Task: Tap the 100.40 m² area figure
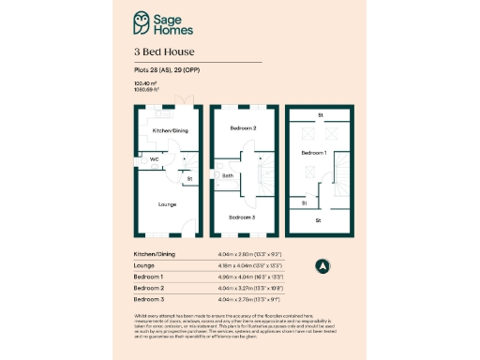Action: pyautogui.click(x=144, y=83)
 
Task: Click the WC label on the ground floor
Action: pyautogui.click(x=155, y=159)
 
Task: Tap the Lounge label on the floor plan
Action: pyautogui.click(x=168, y=203)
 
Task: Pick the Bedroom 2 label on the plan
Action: pyautogui.click(x=243, y=127)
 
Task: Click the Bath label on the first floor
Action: pyautogui.click(x=228, y=175)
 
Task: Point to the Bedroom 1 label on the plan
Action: pyautogui.click(x=313, y=150)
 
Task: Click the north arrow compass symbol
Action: pyautogui.click(x=322, y=265)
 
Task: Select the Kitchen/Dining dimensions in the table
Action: pyautogui.click(x=247, y=254)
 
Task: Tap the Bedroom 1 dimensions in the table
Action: pyautogui.click(x=247, y=277)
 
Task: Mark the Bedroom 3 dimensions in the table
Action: pyautogui.click(x=247, y=300)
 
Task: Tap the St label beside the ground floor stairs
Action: pyautogui.click(x=188, y=178)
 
